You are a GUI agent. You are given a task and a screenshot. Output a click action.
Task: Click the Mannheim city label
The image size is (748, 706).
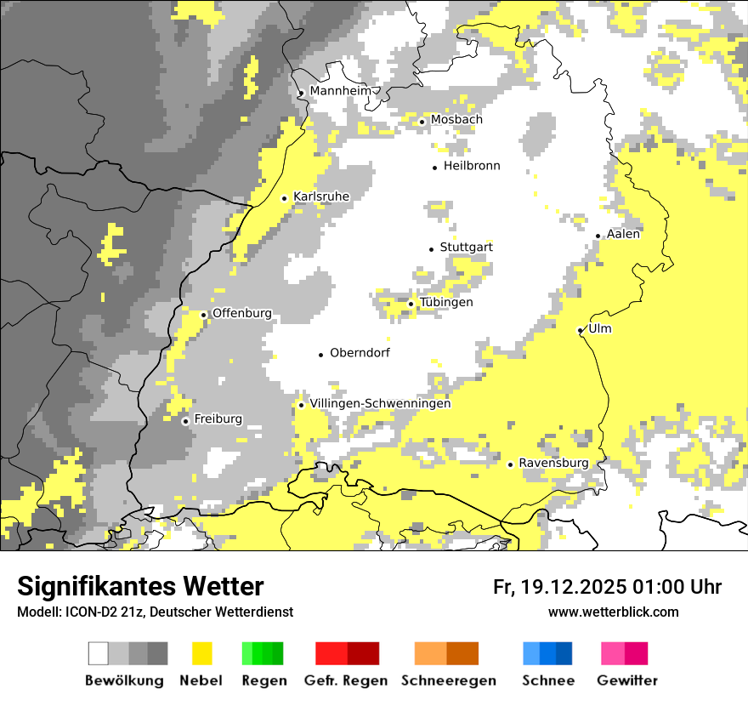341,91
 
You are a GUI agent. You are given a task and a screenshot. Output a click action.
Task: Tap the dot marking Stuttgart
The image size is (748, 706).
431,248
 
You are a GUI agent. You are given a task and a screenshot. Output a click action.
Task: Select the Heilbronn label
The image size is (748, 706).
472,166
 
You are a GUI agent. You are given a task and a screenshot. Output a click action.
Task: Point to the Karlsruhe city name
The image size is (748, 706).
321,196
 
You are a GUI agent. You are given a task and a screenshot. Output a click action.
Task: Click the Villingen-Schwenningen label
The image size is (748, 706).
380,404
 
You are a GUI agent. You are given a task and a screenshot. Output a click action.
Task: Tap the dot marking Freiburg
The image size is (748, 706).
185,421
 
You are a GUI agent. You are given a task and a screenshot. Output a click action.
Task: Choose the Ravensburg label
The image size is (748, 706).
553,464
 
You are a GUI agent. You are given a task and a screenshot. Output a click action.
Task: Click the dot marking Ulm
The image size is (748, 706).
580,330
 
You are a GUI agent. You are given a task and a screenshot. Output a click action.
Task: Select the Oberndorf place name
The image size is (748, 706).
360,353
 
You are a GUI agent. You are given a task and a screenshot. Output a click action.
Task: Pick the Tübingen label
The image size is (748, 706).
446,303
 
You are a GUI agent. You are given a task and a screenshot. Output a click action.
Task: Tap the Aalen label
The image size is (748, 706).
624,234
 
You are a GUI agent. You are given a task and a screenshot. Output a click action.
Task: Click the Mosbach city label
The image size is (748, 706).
456,120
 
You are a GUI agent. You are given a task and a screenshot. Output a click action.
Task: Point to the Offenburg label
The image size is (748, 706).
242,314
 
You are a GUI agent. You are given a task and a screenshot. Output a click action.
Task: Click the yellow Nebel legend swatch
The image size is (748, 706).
202,653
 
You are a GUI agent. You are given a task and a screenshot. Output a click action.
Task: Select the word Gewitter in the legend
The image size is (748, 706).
627,680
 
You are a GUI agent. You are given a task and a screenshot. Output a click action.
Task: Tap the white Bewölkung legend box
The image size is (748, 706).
99,653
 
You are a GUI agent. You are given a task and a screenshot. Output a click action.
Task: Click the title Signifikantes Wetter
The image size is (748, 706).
140,587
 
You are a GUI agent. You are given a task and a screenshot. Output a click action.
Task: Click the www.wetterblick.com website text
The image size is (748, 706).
613,612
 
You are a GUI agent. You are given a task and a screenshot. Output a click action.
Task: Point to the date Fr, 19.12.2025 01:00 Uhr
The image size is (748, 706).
607,587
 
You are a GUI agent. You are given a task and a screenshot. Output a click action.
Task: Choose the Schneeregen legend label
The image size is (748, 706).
448,680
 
